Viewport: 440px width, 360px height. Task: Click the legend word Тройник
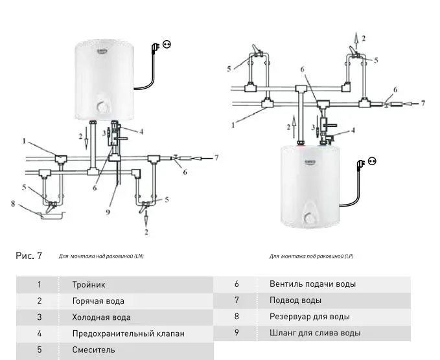(89, 284)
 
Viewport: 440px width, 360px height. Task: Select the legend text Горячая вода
(98, 301)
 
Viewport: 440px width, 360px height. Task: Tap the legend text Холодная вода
(101, 317)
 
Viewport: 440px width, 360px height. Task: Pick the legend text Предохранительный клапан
(128, 333)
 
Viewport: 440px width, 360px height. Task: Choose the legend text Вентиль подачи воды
(312, 284)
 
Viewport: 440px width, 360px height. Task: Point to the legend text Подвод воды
(295, 300)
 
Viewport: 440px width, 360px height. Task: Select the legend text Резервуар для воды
(310, 317)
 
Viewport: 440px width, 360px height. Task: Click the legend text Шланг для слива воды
(315, 333)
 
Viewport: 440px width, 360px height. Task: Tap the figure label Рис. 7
(29, 256)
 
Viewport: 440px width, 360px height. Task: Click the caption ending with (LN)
(101, 257)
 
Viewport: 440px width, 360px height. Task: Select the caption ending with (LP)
(311, 256)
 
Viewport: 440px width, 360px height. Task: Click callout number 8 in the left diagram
(12, 206)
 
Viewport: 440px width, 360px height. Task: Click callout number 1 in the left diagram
(25, 141)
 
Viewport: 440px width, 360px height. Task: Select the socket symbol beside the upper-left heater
(167, 45)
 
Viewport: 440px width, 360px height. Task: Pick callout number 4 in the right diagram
(353, 130)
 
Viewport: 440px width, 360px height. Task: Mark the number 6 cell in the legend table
(237, 284)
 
